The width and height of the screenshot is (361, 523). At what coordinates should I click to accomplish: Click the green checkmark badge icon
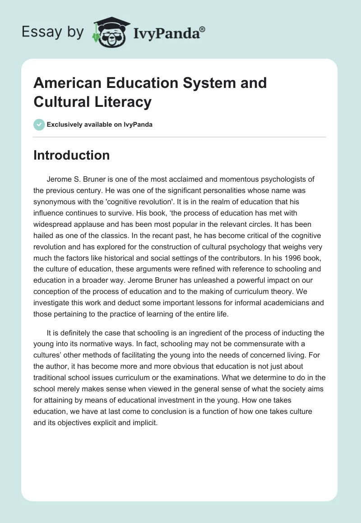(39, 124)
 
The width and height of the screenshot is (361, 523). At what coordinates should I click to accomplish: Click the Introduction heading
(72, 155)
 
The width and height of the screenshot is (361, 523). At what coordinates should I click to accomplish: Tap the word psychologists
(284, 179)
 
